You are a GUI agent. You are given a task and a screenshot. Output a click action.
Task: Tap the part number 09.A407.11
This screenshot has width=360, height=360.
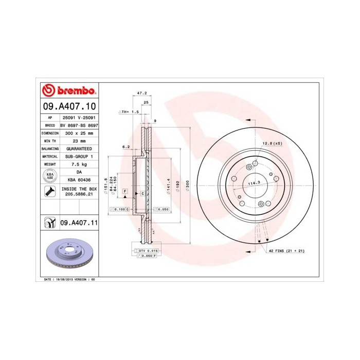[79, 223]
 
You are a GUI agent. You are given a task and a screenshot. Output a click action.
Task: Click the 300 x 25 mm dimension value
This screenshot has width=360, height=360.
[79, 132]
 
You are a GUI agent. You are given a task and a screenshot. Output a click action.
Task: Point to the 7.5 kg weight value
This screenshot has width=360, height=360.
[79, 164]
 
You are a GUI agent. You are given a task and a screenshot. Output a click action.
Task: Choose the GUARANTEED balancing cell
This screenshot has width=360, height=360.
[79, 148]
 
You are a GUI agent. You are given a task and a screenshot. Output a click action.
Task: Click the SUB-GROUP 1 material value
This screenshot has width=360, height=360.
[79, 156]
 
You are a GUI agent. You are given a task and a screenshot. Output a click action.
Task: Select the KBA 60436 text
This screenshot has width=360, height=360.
[79, 179]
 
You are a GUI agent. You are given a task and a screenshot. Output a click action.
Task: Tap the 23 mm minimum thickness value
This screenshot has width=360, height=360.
[79, 140]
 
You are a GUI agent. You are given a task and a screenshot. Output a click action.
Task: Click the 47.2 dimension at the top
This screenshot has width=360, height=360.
[142, 94]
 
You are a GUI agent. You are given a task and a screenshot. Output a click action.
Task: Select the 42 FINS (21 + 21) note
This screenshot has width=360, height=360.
[286, 250]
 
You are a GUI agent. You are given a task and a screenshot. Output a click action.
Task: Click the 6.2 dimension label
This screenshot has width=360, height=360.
[125, 147]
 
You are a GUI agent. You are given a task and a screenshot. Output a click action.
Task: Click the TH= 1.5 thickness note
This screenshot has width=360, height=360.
[130, 111]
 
